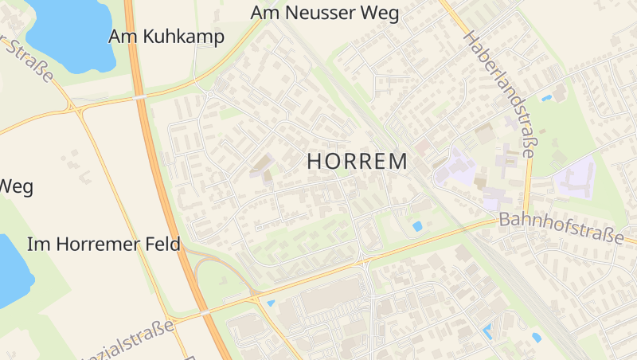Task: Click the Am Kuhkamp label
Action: pos(166,37)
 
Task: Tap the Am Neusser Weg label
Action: pos(324,13)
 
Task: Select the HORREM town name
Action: pos(357,161)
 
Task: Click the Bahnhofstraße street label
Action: pos(561,229)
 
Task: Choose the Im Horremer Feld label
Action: pos(104,244)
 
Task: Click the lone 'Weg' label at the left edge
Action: pos(16,186)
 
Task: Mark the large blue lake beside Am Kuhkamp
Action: pos(72,32)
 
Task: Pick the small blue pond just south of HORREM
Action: pos(417,226)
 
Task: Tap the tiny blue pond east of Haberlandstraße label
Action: pos(546,98)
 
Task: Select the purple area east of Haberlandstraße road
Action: pos(575,177)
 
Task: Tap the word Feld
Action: pos(162,244)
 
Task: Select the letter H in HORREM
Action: pos(314,161)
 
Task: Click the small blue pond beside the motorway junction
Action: pos(271,303)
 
